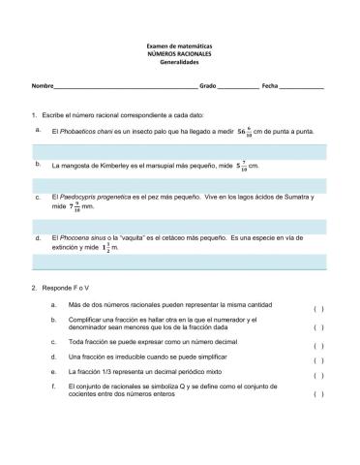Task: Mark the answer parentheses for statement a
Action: pyautogui.click(x=318, y=309)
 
